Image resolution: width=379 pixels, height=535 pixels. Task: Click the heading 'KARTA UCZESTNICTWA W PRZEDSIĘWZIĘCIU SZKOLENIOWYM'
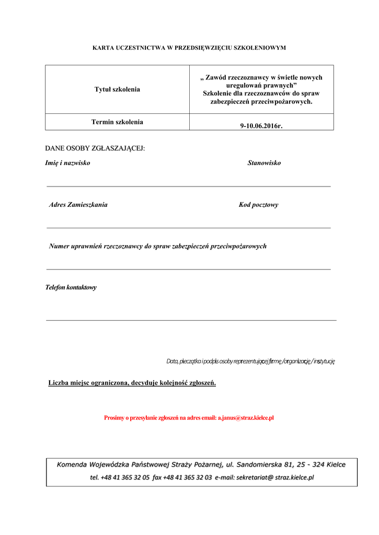[x=189, y=48]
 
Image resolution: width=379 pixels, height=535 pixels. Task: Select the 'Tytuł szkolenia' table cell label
[x=117, y=89]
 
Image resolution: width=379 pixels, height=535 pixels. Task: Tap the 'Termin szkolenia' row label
[x=117, y=122]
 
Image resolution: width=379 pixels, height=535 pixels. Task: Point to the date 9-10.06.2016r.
[x=261, y=125]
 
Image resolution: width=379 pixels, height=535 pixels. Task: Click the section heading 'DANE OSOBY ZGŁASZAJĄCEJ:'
[x=95, y=148]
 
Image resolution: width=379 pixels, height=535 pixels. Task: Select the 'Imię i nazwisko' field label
[x=67, y=163]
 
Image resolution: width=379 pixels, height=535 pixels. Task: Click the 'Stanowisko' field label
[x=264, y=163]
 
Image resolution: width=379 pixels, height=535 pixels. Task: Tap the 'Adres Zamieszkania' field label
[x=78, y=205]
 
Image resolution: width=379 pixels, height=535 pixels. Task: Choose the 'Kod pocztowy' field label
[x=258, y=205]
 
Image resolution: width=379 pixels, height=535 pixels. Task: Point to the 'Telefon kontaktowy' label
[x=71, y=287]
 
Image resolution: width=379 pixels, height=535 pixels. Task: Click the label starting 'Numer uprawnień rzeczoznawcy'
[x=157, y=246]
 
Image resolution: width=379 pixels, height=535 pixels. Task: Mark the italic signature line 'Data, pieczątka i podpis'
[x=250, y=361]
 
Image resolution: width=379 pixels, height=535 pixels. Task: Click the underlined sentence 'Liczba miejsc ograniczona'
[x=132, y=383]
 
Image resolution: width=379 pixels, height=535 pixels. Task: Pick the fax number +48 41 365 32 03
[x=187, y=477]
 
